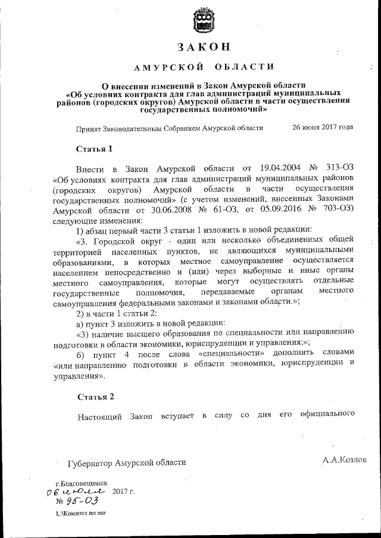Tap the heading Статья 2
pyautogui.click(x=94, y=396)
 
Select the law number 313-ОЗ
pyautogui.click(x=340, y=169)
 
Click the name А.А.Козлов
pyautogui.click(x=345, y=460)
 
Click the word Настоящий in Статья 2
pyautogui.click(x=99, y=416)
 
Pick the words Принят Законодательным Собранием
pyautogui.click(x=130, y=128)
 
